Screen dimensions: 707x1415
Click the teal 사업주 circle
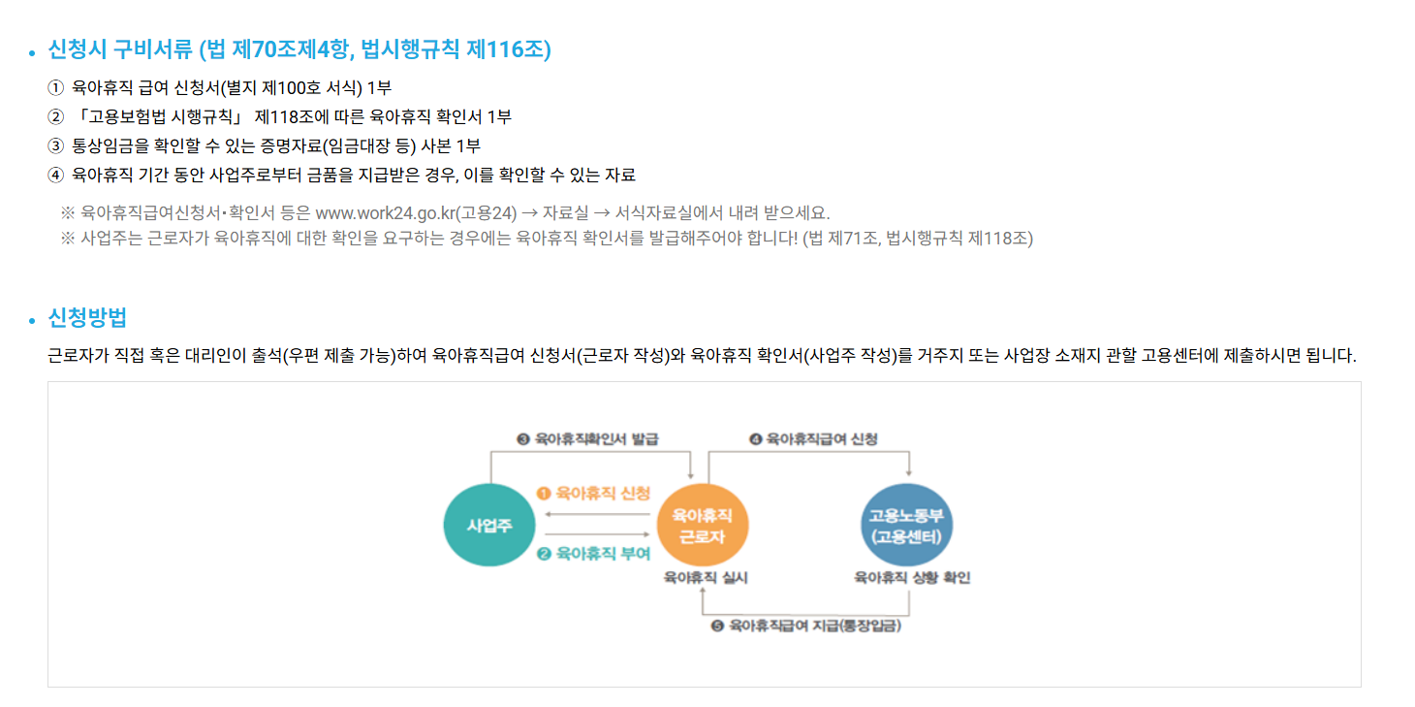(488, 525)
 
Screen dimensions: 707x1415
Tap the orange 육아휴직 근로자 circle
(703, 525)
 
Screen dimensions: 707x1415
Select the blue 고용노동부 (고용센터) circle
(906, 525)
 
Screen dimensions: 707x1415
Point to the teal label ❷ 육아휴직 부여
(593, 554)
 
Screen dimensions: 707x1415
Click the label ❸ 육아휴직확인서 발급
(587, 439)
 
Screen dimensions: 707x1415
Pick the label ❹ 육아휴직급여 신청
(814, 439)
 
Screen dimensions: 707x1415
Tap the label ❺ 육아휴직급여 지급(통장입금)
(806, 627)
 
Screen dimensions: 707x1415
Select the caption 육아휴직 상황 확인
(912, 578)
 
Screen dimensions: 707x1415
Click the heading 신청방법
(87, 318)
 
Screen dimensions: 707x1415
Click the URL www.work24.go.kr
(385, 213)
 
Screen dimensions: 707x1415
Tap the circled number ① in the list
(54, 88)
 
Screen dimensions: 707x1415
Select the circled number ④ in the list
(54, 176)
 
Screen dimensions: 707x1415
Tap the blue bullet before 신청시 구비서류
(32, 52)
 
